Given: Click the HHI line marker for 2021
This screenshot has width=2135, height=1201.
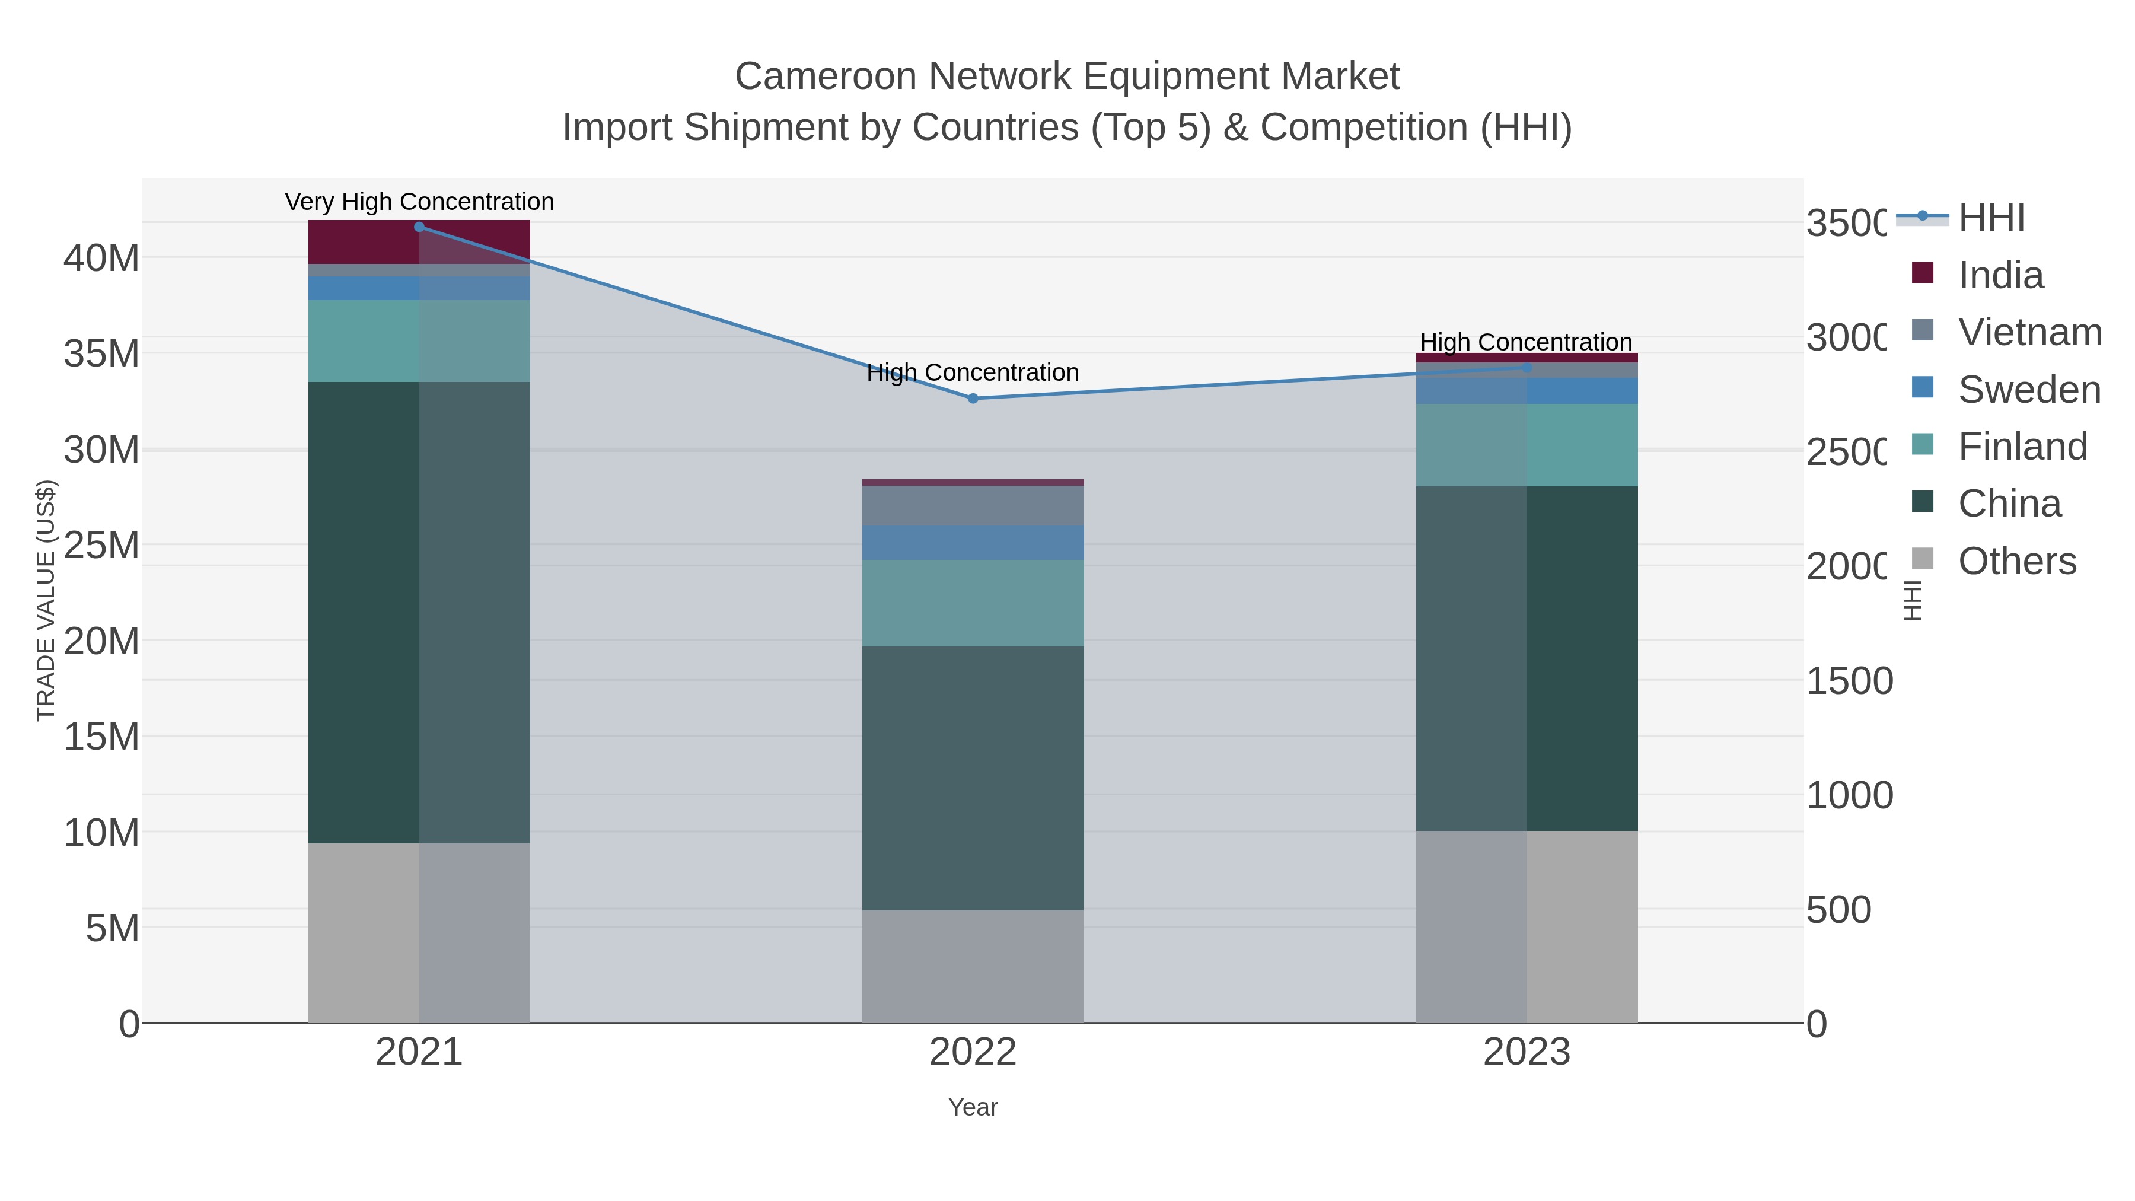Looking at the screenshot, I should pyautogui.click(x=419, y=227).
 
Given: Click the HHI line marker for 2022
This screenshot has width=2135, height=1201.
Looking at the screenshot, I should pyautogui.click(x=973, y=399).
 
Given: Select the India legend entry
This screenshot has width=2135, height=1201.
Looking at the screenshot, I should pyautogui.click(x=1999, y=275).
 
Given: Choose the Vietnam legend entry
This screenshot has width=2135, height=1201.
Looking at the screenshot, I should pyautogui.click(x=2029, y=332).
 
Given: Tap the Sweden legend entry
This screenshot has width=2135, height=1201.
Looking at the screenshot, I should pyautogui.click(x=2028, y=390).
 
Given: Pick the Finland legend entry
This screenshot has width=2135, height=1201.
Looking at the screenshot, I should pyautogui.click(x=2022, y=447).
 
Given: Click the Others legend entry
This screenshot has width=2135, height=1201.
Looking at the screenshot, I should pyautogui.click(x=2016, y=561).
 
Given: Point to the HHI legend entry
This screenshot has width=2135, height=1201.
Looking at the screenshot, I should pyautogui.click(x=1991, y=218).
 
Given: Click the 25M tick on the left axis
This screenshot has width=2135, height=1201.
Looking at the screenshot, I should pyautogui.click(x=101, y=546).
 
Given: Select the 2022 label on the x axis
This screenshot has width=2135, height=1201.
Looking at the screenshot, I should pyautogui.click(x=973, y=1053).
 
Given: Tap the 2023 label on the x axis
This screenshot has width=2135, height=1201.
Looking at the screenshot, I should pyautogui.click(x=1527, y=1053).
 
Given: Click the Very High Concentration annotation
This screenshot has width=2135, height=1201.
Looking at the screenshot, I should pyautogui.click(x=419, y=202).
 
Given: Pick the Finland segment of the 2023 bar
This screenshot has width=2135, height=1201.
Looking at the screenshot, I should pyautogui.click(x=1527, y=445).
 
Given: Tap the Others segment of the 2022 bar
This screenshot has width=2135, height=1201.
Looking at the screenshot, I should pyautogui.click(x=973, y=967).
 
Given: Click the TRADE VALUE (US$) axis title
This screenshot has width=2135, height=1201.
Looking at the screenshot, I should pyautogui.click(x=46, y=600).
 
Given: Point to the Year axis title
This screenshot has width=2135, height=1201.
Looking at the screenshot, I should pyautogui.click(x=973, y=1107).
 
